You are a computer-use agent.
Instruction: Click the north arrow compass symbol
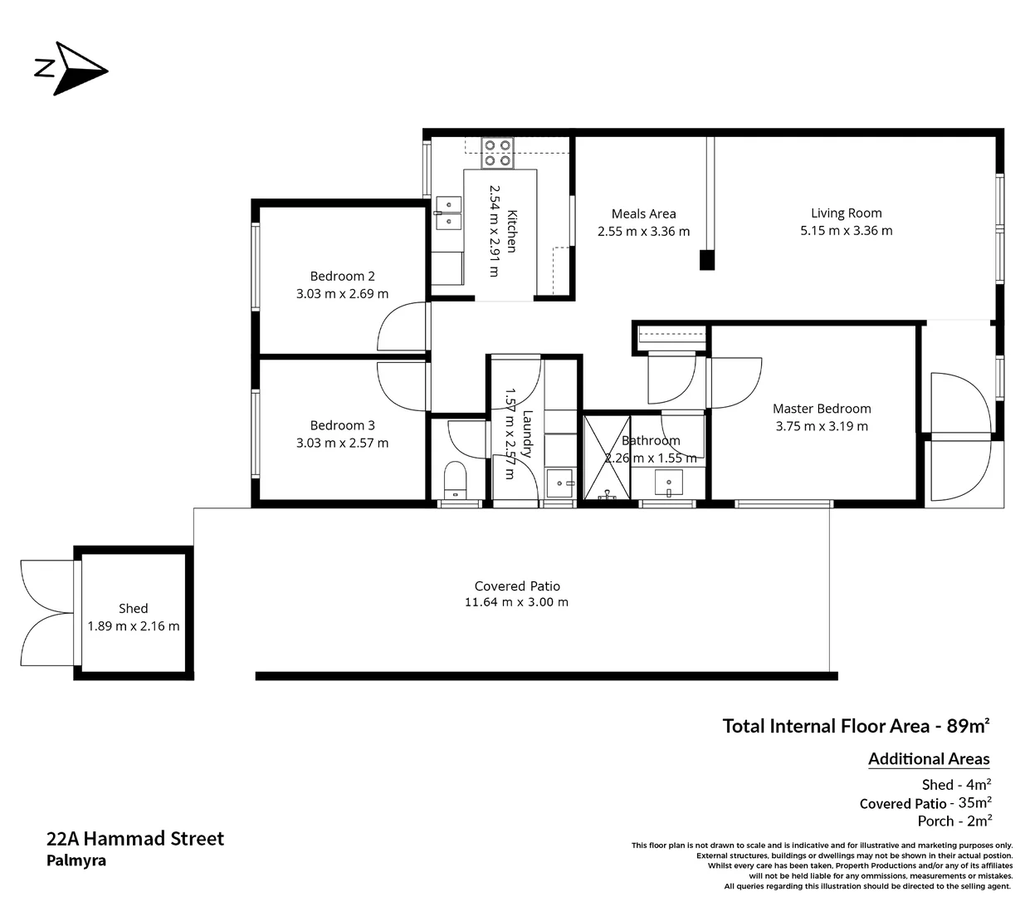(x=72, y=68)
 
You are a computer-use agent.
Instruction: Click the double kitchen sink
(x=448, y=213)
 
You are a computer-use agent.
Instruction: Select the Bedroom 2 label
(x=342, y=276)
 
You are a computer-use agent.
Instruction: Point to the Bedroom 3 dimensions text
(x=342, y=443)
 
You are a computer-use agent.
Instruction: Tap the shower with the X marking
(x=607, y=458)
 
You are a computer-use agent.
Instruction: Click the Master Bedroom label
(x=822, y=408)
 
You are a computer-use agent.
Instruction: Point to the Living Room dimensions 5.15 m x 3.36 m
(x=846, y=231)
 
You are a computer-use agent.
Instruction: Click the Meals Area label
(x=643, y=213)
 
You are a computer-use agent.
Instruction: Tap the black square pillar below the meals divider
(x=706, y=260)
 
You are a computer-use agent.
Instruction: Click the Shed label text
(x=133, y=608)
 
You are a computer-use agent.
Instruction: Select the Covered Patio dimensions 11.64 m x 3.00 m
(x=516, y=602)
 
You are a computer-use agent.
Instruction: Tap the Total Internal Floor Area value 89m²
(x=968, y=726)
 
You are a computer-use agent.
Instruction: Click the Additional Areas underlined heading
(x=929, y=758)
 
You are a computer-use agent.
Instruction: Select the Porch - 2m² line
(x=954, y=821)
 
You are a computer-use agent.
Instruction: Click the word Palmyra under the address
(x=76, y=860)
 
